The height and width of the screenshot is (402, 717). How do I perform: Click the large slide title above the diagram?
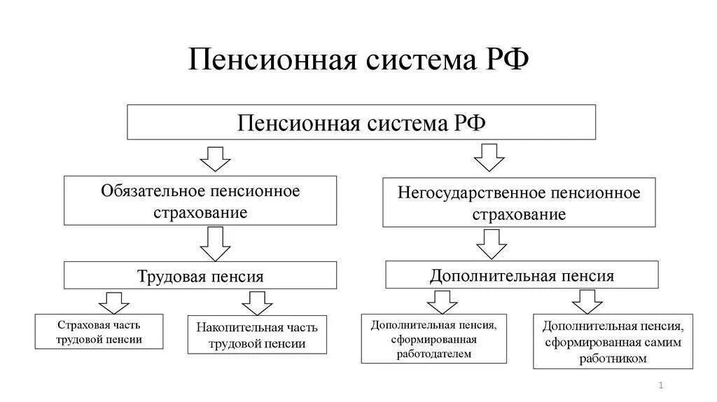[358, 62]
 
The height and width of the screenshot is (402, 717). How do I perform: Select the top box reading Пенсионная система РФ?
[361, 123]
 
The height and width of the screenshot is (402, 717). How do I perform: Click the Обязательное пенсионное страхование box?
[200, 201]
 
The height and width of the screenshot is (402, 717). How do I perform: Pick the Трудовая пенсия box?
[200, 276]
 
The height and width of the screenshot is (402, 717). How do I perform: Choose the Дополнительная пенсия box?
[522, 275]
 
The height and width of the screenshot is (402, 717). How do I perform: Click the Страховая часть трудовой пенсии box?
[99, 332]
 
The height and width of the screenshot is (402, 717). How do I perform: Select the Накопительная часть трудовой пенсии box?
[257, 335]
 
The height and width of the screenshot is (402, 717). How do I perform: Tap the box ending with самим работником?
[613, 342]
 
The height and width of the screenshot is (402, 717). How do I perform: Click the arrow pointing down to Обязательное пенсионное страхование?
[215, 159]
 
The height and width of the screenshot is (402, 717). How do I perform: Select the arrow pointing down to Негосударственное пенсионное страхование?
[489, 158]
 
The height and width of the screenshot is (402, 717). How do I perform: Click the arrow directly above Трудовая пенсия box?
[215, 244]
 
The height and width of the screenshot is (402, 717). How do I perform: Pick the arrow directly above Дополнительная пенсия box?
[492, 244]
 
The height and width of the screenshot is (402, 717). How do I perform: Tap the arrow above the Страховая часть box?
[113, 302]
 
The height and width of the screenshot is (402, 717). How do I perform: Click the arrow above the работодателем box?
[443, 302]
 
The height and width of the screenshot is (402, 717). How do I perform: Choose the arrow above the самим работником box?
[587, 301]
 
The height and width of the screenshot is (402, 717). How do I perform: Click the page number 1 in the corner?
[661, 386]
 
